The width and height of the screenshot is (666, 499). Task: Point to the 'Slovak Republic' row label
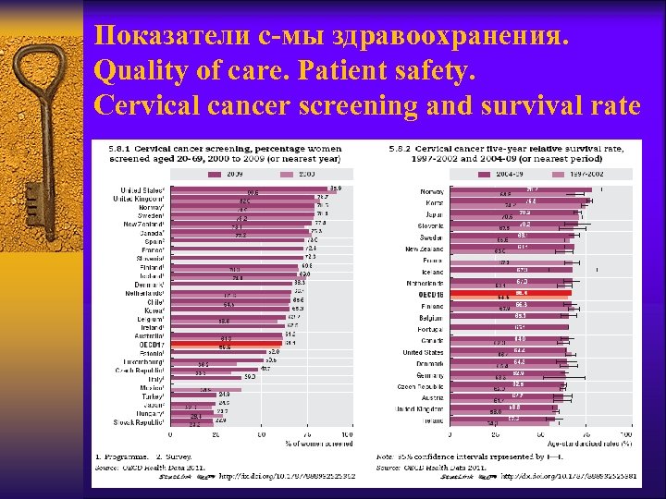(139, 422)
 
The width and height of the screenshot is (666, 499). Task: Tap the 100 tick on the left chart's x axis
(348, 434)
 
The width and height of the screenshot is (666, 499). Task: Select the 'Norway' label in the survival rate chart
(432, 191)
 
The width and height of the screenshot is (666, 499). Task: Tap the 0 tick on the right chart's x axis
(450, 433)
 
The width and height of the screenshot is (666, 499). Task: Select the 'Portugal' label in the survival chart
(429, 329)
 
